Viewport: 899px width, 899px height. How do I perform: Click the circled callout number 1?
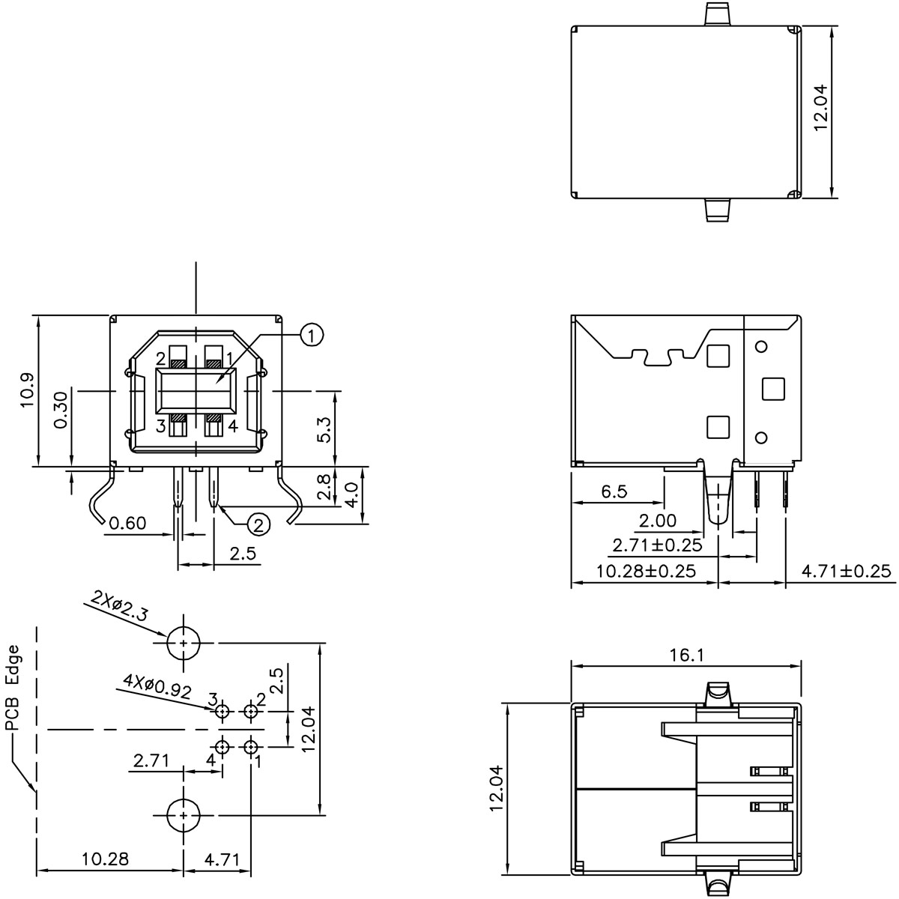tap(312, 335)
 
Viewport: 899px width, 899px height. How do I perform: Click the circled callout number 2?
tap(258, 524)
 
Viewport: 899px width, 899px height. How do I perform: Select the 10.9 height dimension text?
tap(28, 390)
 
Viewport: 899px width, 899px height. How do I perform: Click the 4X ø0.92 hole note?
tap(158, 685)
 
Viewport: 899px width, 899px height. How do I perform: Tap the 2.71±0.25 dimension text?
tap(657, 545)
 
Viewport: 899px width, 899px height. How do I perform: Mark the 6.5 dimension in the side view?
tap(614, 492)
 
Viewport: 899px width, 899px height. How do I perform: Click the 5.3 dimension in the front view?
tap(324, 429)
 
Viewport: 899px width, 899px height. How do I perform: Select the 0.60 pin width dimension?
tap(127, 523)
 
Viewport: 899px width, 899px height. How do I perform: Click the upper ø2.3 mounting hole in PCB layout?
tap(183, 643)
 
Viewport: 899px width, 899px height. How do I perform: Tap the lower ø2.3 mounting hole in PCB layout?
tap(183, 814)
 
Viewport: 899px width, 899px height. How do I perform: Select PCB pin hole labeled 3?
tap(223, 711)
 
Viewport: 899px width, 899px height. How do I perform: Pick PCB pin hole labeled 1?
tap(250, 747)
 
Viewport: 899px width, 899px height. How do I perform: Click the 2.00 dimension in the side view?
tap(657, 521)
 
